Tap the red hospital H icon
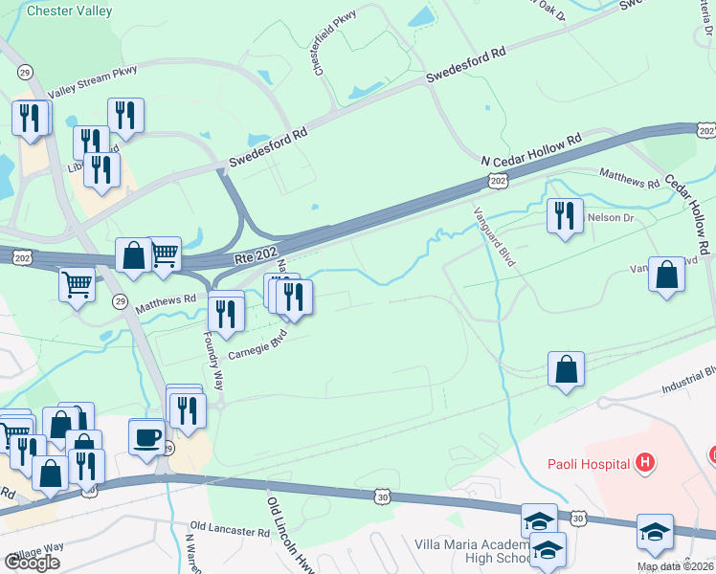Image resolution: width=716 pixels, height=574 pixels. click(646, 464)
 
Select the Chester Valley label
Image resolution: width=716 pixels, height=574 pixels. click(70, 11)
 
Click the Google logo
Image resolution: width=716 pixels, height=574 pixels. click(33, 563)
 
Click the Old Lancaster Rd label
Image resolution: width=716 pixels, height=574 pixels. click(230, 528)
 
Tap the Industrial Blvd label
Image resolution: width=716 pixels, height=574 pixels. click(690, 381)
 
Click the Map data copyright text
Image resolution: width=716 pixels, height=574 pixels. click(676, 566)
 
